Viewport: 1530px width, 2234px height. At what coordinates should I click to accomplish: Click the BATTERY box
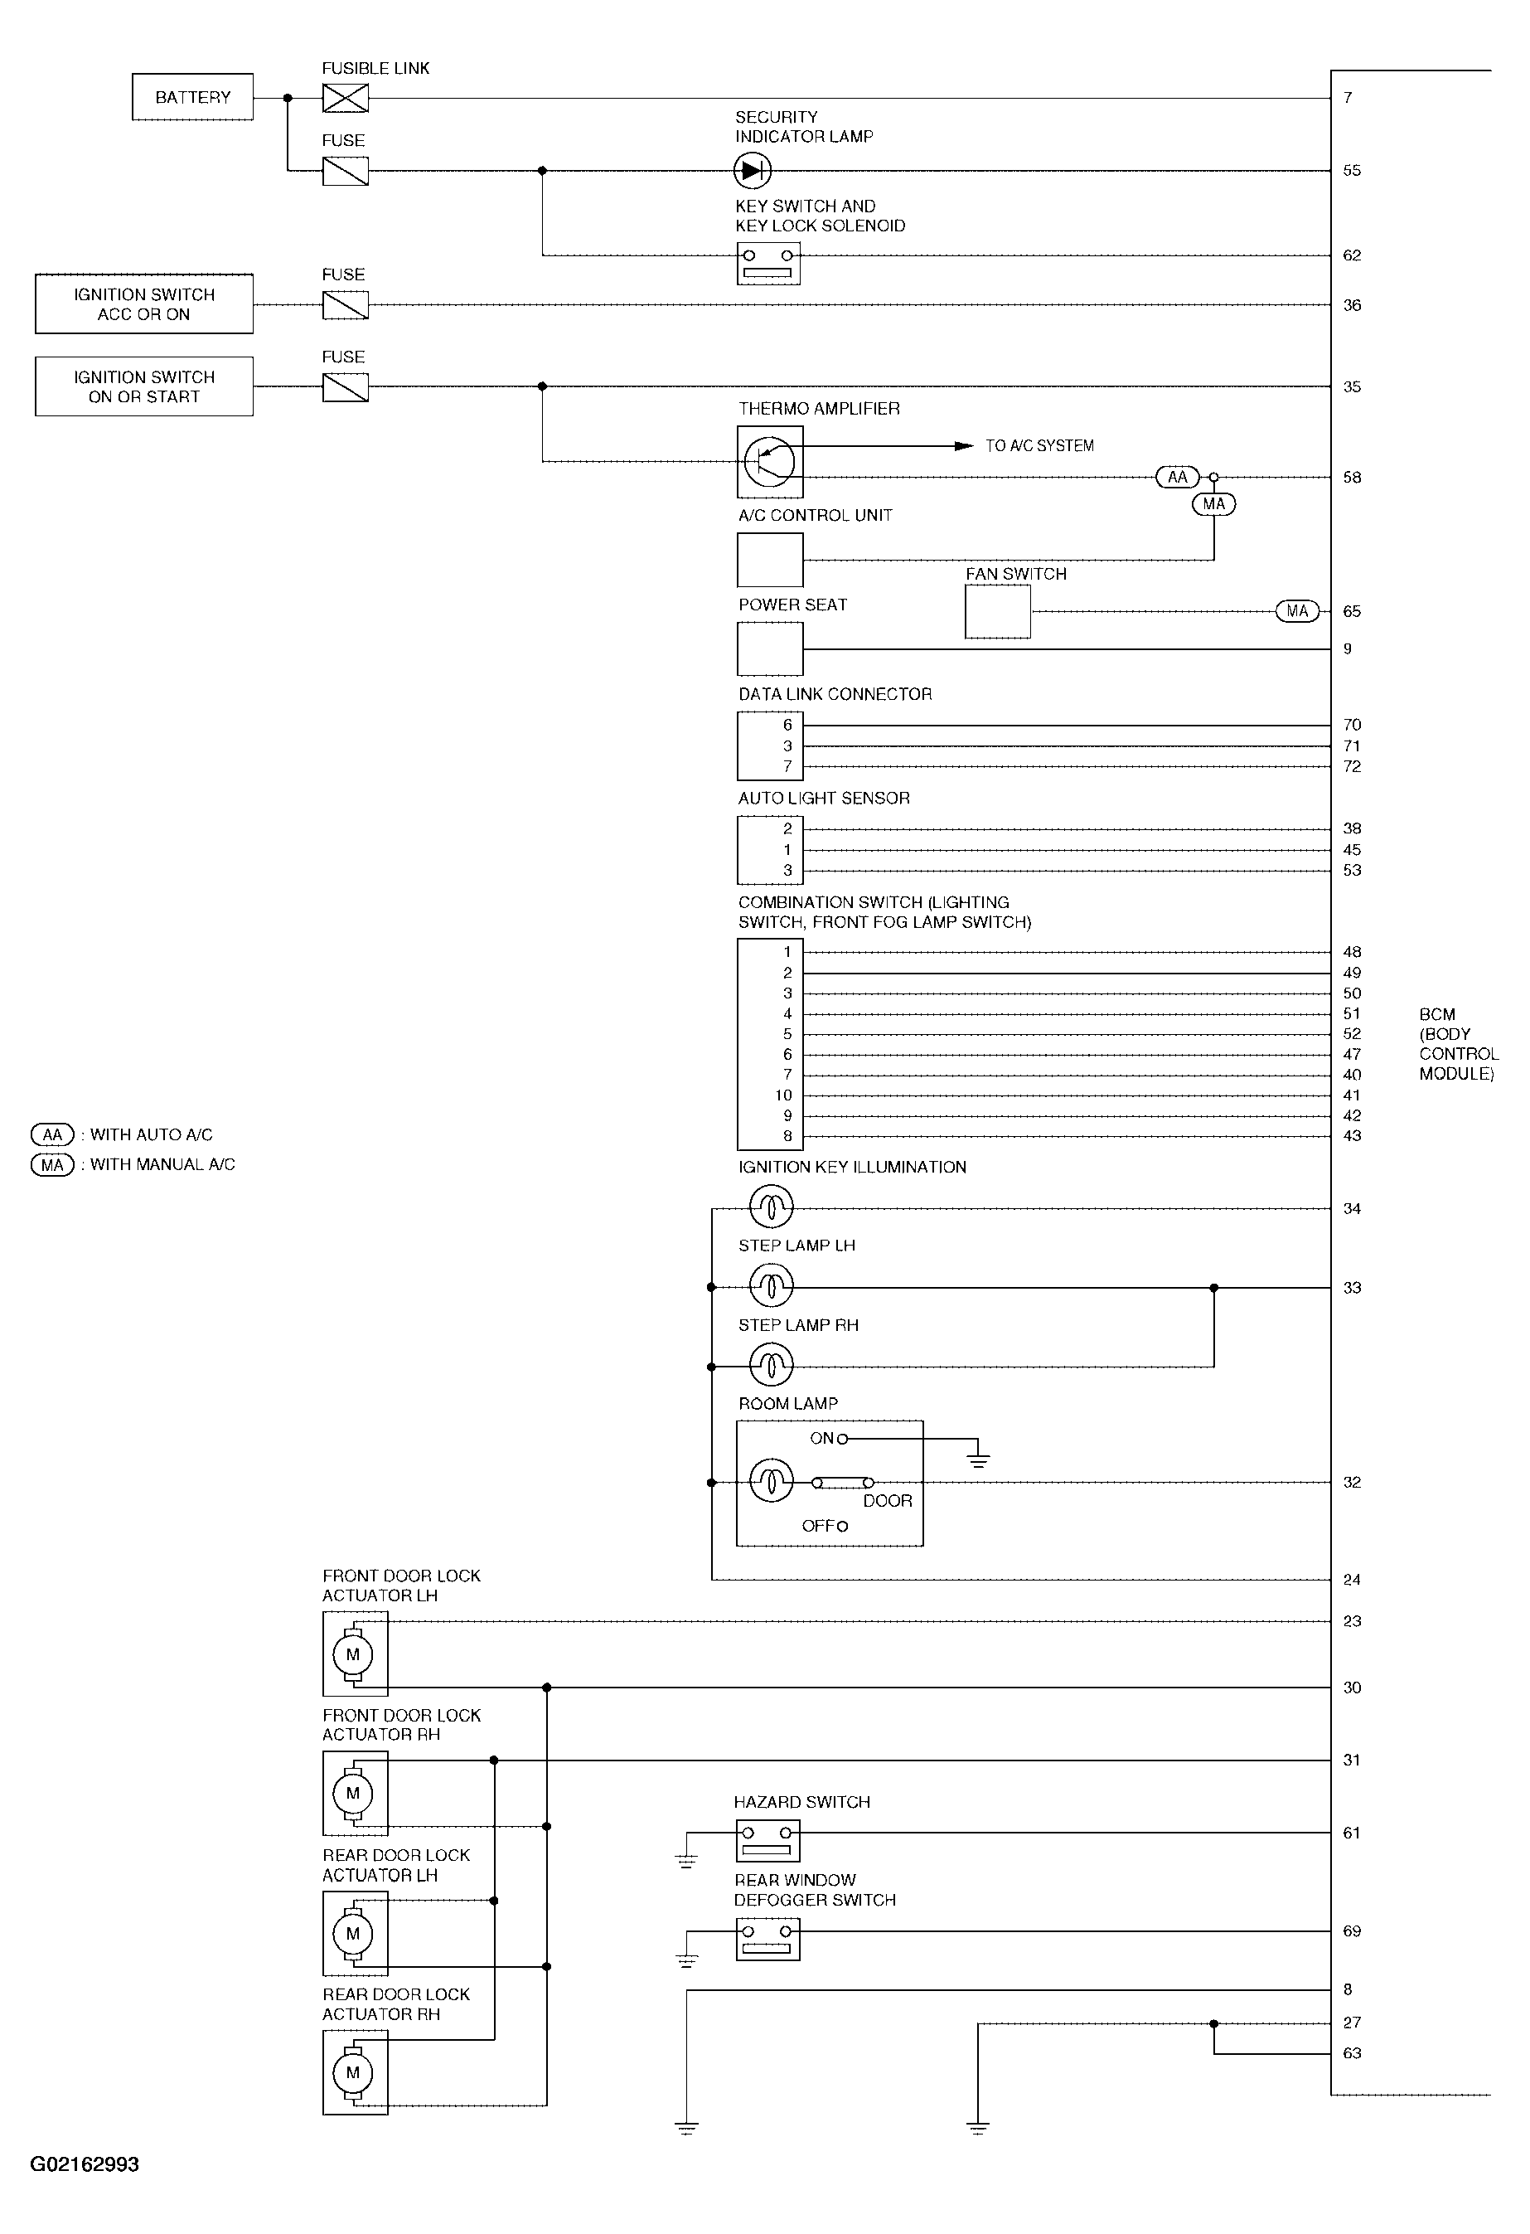click(192, 97)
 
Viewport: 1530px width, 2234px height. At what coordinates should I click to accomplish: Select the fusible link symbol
click(345, 98)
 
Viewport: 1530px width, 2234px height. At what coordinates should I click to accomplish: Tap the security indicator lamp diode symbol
click(752, 171)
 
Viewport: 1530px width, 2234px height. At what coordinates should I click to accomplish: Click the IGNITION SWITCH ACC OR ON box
click(144, 304)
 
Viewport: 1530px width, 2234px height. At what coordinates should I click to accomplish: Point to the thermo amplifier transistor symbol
click(770, 461)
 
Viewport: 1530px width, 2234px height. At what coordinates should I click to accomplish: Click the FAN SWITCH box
click(998, 611)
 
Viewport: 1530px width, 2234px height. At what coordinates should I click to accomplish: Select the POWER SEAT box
click(770, 648)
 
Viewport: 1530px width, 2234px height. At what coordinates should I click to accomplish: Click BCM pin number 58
click(1351, 478)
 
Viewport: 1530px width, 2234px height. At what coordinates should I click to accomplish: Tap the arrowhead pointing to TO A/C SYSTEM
click(963, 446)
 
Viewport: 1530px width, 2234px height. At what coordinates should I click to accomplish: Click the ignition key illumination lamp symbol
click(771, 1207)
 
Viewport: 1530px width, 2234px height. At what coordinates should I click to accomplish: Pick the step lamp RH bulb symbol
click(771, 1365)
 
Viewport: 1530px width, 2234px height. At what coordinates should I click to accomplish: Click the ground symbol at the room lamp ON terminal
click(977, 1462)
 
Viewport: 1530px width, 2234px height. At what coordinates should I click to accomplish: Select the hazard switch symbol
click(767, 1841)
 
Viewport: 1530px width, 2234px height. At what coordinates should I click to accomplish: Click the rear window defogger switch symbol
click(767, 1939)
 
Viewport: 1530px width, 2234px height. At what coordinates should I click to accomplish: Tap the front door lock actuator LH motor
click(353, 1654)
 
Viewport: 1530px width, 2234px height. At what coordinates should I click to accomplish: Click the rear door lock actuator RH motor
click(353, 2072)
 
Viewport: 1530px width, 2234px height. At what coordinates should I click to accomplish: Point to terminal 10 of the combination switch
click(783, 1095)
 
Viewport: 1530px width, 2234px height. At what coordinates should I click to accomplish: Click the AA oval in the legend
click(52, 1135)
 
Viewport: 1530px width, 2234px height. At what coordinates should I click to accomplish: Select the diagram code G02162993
click(85, 2165)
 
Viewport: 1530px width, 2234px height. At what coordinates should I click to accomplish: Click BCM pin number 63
click(1351, 2053)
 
